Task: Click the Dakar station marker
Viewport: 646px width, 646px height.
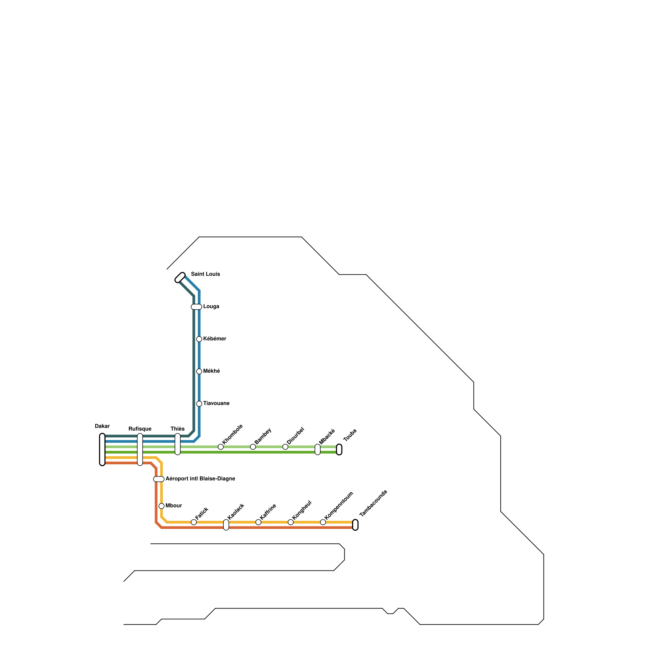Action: tap(102, 449)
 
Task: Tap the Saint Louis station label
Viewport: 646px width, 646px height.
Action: tap(205, 274)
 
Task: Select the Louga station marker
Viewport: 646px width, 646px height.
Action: tap(196, 307)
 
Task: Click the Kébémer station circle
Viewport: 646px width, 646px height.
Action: tap(199, 339)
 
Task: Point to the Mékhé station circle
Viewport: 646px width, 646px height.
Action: tap(199, 371)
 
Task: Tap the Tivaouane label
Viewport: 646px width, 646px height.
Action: tap(216, 403)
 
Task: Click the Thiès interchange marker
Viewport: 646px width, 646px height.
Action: tap(178, 444)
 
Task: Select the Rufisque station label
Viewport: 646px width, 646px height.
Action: tap(140, 429)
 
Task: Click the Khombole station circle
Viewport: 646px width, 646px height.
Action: tap(220, 447)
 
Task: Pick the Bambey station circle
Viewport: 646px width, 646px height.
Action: tap(253, 447)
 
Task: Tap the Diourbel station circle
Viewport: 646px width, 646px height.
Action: tap(285, 447)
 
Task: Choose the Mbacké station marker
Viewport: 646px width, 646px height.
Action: tap(317, 449)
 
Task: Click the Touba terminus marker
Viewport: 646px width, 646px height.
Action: tap(339, 449)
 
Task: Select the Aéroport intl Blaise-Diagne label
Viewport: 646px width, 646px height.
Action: tap(200, 479)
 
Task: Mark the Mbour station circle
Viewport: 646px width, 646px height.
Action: tap(161, 506)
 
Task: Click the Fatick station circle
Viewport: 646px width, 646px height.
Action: tap(194, 522)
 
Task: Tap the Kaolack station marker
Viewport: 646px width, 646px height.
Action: tap(226, 525)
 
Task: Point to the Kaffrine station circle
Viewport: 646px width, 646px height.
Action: tap(258, 522)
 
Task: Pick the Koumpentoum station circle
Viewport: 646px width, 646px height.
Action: tap(323, 522)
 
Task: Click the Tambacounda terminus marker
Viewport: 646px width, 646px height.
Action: tap(355, 525)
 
